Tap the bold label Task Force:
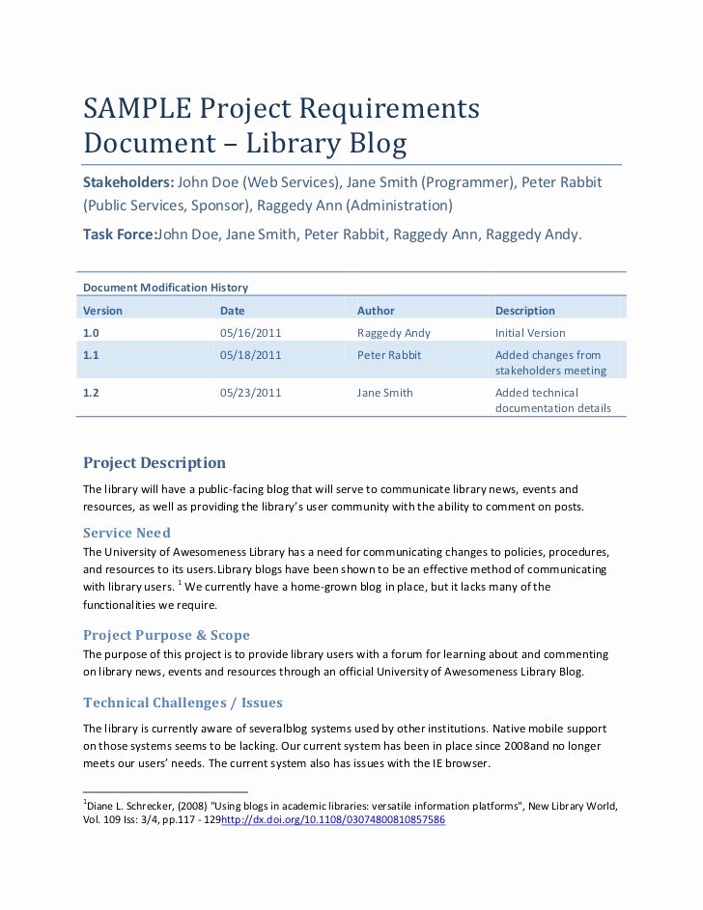click(120, 234)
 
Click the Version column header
click(102, 311)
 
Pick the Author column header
click(376, 311)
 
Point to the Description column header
click(524, 311)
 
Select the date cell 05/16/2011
click(250, 333)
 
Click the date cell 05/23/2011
click(250, 393)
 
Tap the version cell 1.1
click(91, 355)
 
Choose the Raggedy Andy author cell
click(394, 333)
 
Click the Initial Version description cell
click(530, 333)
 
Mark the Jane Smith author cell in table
click(384, 393)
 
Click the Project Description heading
click(155, 463)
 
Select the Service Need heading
click(127, 533)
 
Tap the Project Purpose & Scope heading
click(166, 635)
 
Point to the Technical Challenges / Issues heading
click(183, 703)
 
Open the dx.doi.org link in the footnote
click(333, 819)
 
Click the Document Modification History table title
click(165, 288)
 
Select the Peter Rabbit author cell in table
click(387, 355)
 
